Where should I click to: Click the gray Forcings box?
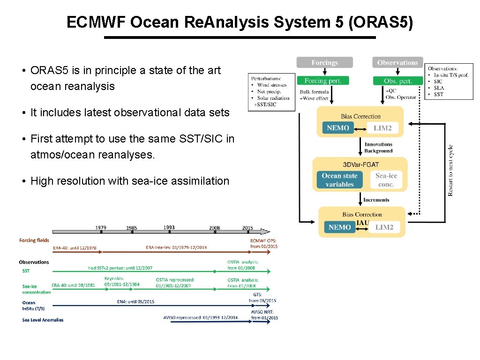click(x=324, y=62)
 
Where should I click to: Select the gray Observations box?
click(x=397, y=62)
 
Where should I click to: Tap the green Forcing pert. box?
click(x=323, y=81)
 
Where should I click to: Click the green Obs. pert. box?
click(x=397, y=81)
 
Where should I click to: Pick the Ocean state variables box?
click(x=339, y=180)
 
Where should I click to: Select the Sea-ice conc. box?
click(x=386, y=180)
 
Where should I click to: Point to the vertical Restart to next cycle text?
click(x=450, y=170)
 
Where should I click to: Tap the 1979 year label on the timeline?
click(x=101, y=228)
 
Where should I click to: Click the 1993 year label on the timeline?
click(x=169, y=227)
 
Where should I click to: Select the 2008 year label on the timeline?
click(x=215, y=228)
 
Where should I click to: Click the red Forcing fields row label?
click(x=34, y=240)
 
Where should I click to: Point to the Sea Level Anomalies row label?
click(x=43, y=320)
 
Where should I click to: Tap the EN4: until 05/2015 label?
click(x=135, y=301)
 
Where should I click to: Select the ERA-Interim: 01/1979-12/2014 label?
click(x=176, y=247)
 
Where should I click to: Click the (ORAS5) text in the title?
click(x=381, y=22)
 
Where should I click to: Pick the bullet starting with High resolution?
click(x=130, y=181)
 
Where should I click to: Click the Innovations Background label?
click(x=378, y=148)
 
